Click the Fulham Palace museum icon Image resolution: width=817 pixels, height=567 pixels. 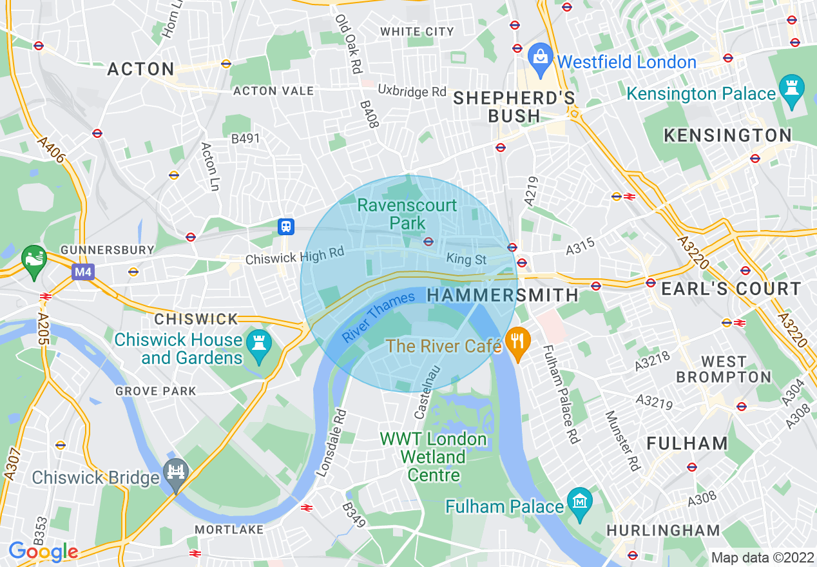click(x=581, y=501)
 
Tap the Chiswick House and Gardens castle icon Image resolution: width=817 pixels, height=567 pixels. click(x=258, y=345)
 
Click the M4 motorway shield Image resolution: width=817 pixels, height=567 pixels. click(x=82, y=272)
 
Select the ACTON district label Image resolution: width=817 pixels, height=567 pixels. click(x=140, y=69)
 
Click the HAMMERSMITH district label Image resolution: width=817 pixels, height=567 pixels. click(x=503, y=295)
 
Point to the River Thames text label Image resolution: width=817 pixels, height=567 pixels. click(x=378, y=317)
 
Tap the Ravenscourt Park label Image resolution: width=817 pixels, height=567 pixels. click(x=407, y=215)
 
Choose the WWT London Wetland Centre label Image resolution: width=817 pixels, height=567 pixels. click(x=433, y=457)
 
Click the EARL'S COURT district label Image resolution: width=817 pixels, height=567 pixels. click(x=731, y=289)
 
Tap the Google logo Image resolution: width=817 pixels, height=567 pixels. click(x=43, y=552)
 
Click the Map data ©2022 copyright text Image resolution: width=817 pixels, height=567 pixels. click(x=761, y=557)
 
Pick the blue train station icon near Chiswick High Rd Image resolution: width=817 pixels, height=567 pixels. click(x=286, y=226)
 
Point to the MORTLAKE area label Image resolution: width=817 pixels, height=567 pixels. click(x=229, y=530)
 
